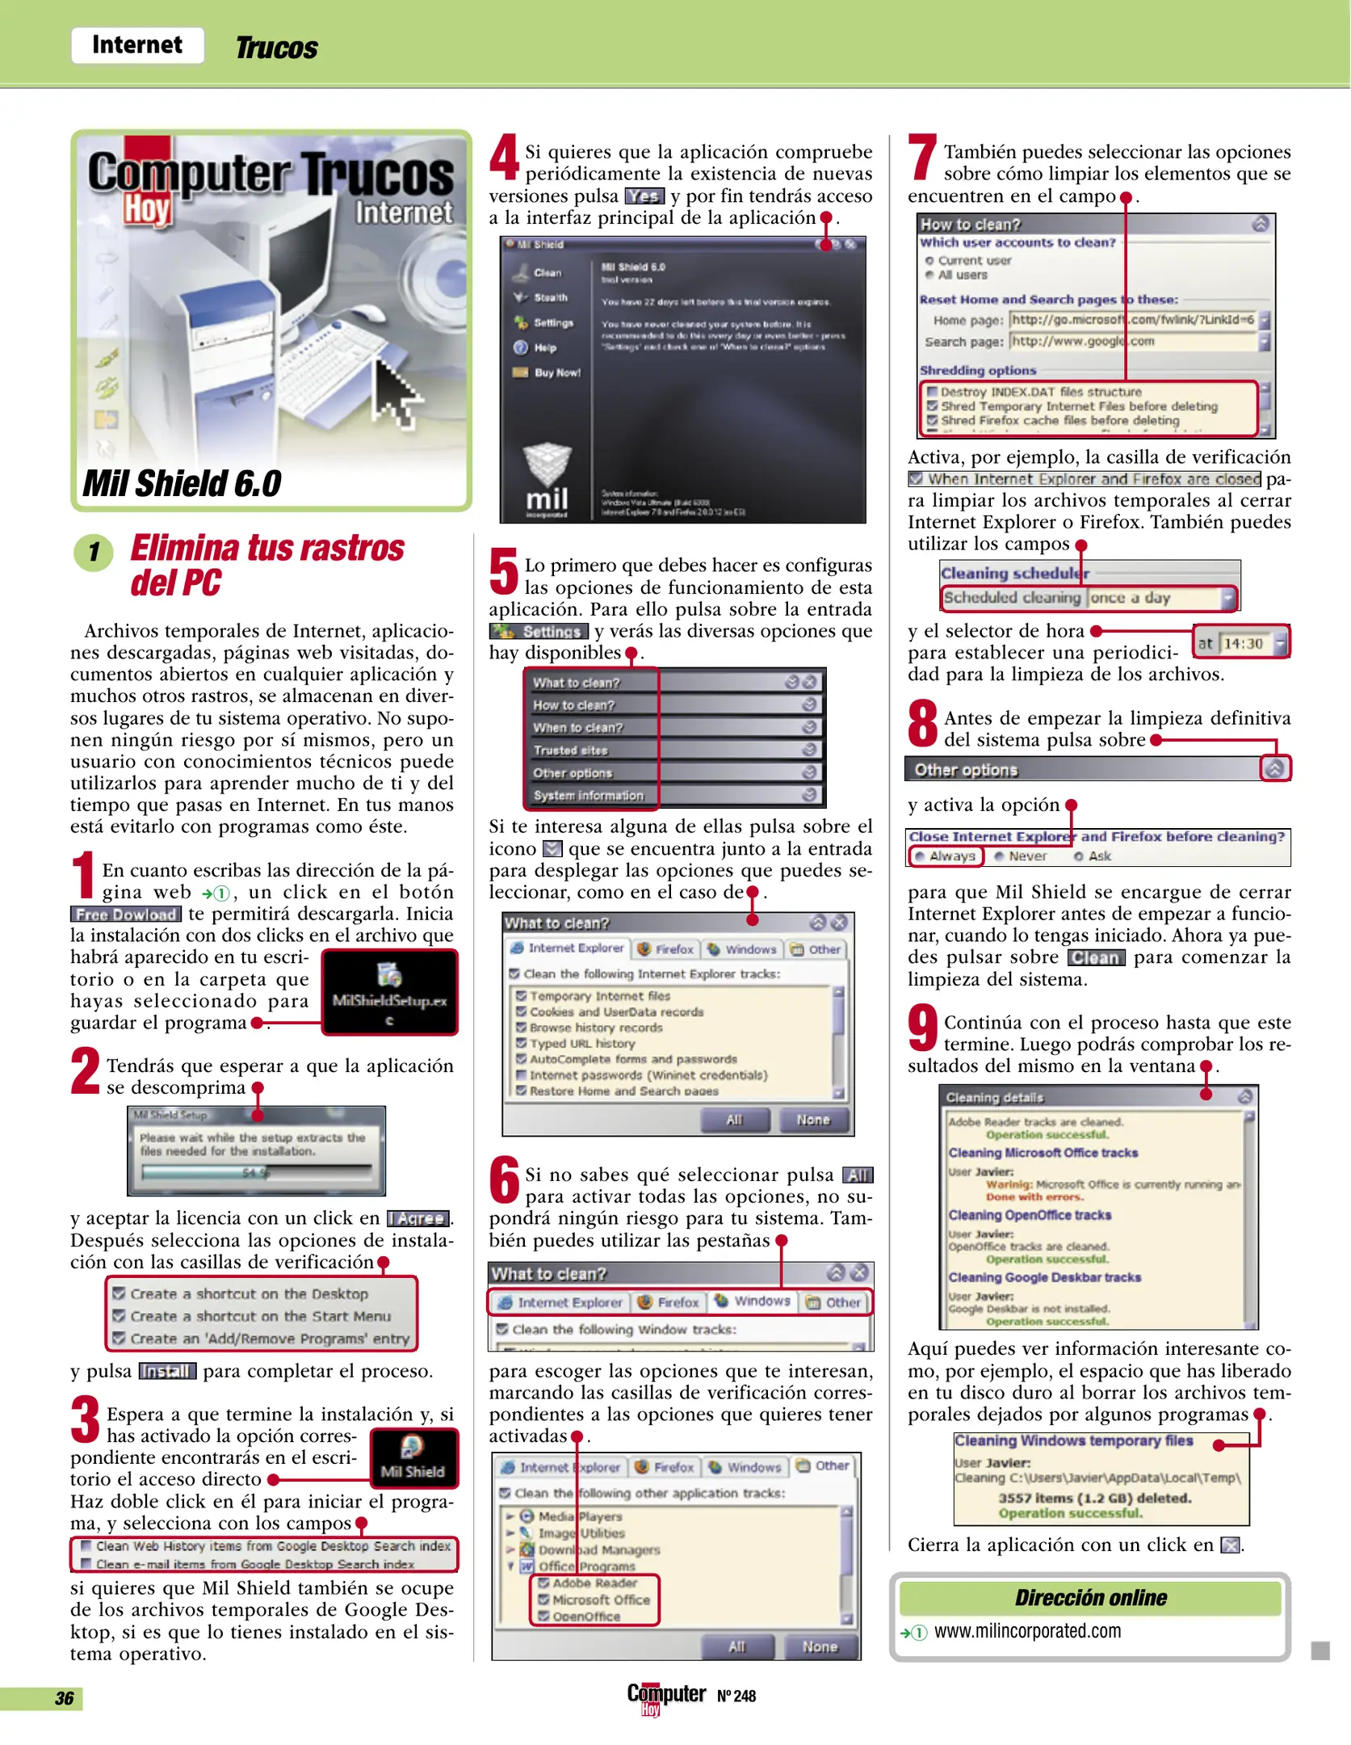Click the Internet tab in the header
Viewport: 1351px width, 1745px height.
pyautogui.click(x=137, y=45)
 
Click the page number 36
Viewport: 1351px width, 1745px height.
pyautogui.click(x=64, y=1698)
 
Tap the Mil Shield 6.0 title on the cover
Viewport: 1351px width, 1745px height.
pyautogui.click(x=182, y=484)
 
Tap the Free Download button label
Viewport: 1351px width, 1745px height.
pyautogui.click(x=126, y=915)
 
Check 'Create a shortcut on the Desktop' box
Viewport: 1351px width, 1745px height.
pyautogui.click(x=119, y=1293)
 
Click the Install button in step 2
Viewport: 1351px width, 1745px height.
pyautogui.click(x=167, y=1371)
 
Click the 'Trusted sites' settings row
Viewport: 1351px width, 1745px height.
pyautogui.click(x=571, y=751)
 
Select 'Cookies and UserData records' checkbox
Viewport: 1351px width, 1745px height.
pyautogui.click(x=522, y=1011)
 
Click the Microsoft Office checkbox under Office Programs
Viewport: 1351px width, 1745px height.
pyautogui.click(x=543, y=1600)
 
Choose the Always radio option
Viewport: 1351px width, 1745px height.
pyautogui.click(x=920, y=856)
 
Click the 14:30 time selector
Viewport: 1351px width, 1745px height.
pyautogui.click(x=1243, y=643)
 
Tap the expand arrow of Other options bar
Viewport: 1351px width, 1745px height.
pyautogui.click(x=1274, y=769)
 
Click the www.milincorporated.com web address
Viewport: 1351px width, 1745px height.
pyautogui.click(x=1027, y=1631)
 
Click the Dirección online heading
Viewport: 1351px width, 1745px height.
pyautogui.click(x=1090, y=1597)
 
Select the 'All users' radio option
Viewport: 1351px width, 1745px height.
pyautogui.click(x=930, y=275)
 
